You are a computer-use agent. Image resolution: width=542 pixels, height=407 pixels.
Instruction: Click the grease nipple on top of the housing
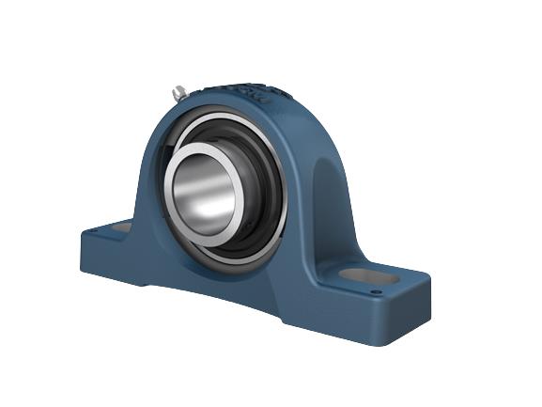[178, 92]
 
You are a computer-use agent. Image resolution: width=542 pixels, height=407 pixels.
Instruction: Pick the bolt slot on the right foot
[363, 276]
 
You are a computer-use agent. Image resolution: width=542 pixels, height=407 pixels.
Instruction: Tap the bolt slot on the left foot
[121, 227]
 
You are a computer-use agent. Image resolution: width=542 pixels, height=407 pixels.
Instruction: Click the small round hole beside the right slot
[377, 292]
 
